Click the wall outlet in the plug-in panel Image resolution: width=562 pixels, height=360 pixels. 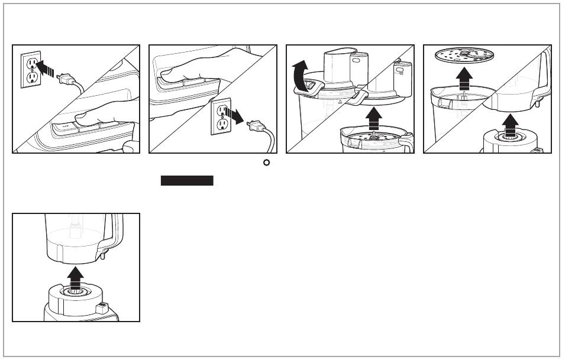pos(31,70)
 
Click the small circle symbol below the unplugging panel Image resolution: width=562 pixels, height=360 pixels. pos(266,163)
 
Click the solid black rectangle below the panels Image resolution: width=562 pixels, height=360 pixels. pos(187,181)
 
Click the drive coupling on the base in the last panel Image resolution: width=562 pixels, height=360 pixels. pos(75,291)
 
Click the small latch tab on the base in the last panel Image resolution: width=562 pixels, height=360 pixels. pos(101,308)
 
